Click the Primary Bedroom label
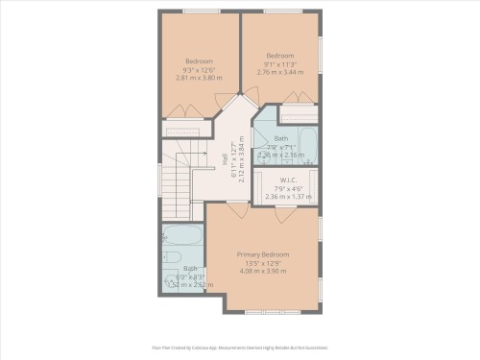pyautogui.click(x=263, y=254)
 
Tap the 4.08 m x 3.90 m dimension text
pyautogui.click(x=263, y=272)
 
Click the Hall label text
pyautogui.click(x=226, y=163)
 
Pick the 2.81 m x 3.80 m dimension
pyautogui.click(x=199, y=78)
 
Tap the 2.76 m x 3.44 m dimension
pyautogui.click(x=279, y=72)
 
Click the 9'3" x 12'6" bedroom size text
pyautogui.click(x=199, y=69)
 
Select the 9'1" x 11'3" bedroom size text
pyautogui.click(x=279, y=63)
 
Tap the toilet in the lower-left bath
pyautogui.click(x=173, y=257)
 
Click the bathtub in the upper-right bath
pyautogui.click(x=308, y=145)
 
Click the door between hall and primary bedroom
pyautogui.click(x=237, y=207)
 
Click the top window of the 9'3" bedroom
pyautogui.click(x=200, y=12)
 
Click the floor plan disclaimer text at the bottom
pyautogui.click(x=240, y=348)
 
